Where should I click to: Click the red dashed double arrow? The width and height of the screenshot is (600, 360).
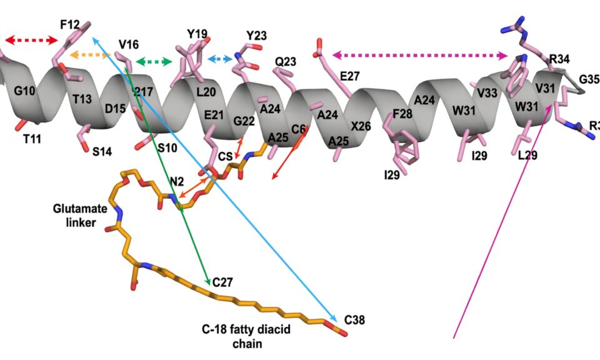coord(31,41)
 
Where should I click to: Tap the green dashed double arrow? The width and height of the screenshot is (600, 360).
coord(154,61)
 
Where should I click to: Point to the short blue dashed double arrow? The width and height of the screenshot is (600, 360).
coord(219,58)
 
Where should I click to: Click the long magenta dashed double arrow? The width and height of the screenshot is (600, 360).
coord(419,56)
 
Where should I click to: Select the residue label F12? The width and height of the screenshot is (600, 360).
coord(70,24)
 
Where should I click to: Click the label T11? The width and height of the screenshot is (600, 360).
coord(32,139)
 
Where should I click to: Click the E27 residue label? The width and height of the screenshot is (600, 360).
coord(350,76)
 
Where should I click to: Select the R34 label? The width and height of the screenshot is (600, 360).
coord(559,60)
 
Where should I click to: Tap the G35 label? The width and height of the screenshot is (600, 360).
coord(589,79)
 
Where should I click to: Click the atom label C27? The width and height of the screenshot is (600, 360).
coord(222,282)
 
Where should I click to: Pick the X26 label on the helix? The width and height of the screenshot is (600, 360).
coord(361,126)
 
